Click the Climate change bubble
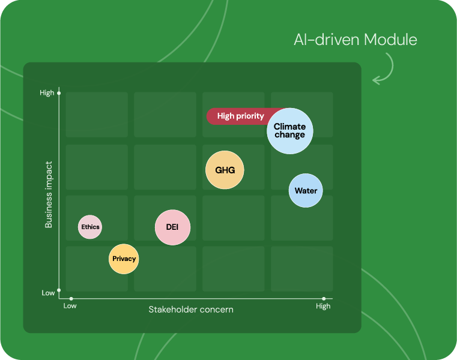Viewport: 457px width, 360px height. (289, 131)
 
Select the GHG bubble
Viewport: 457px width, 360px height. (225, 170)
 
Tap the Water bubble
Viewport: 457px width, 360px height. (306, 190)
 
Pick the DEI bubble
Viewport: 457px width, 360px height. (172, 227)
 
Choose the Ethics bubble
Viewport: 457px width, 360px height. (90, 227)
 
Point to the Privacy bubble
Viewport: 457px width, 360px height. (124, 259)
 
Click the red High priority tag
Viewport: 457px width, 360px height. (239, 116)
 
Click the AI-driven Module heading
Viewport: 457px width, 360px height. (356, 40)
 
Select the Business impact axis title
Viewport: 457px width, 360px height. (49, 194)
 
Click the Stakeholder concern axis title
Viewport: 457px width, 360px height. (191, 310)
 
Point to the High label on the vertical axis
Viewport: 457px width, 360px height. (47, 92)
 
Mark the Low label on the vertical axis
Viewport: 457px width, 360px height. (48, 293)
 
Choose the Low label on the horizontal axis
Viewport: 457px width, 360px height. (70, 306)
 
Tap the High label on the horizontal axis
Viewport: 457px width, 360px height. (323, 306)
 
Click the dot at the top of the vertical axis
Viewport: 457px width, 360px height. (59, 93)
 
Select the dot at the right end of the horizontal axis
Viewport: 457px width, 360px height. (324, 299)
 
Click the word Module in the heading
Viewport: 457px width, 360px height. (390, 40)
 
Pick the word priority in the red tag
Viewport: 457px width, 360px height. (250, 116)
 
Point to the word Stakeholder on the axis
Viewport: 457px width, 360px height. (169, 310)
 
